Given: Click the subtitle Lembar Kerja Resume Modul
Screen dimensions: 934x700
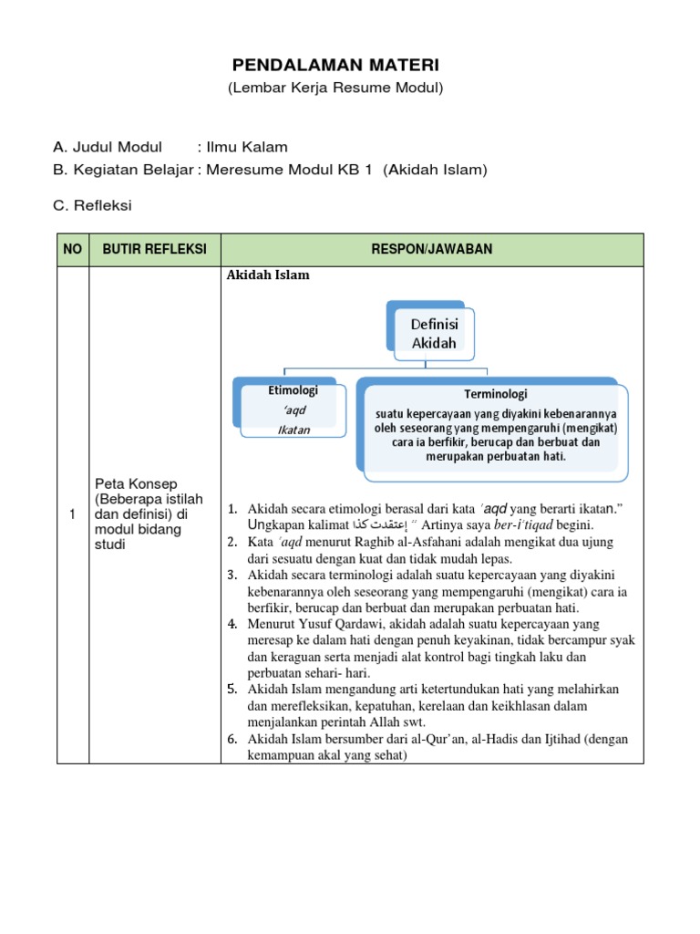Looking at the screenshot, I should coord(335,88).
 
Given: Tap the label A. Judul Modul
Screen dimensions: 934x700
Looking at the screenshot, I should coord(108,147).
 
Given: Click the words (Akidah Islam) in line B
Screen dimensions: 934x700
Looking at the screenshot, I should coord(436,170).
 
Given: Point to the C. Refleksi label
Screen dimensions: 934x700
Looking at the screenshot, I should coord(92,205).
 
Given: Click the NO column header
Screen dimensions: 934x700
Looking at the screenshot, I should coord(72,250).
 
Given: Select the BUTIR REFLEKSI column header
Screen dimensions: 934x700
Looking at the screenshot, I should coord(155,250).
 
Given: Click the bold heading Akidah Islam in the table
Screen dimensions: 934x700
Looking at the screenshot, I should coord(268,275).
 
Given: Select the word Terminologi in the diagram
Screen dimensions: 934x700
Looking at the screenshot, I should coord(495,394).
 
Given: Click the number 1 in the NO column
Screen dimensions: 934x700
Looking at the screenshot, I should coord(72,514).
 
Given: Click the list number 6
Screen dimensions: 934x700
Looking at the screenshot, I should coord(232,739).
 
